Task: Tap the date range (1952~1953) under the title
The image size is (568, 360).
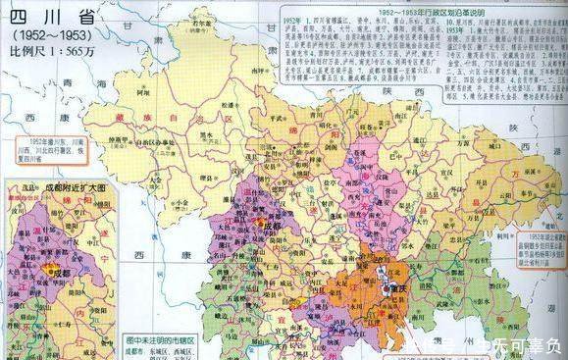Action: [41, 35]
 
